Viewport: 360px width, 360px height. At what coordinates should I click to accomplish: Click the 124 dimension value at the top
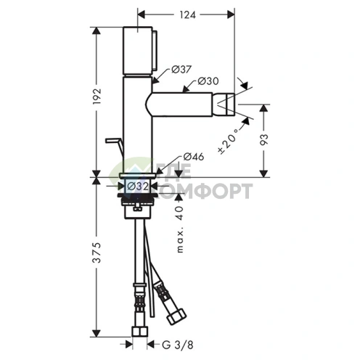pos(187,15)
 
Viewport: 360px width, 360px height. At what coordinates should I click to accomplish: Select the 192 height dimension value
pos(97,97)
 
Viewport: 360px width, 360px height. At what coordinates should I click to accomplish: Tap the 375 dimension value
pos(97,253)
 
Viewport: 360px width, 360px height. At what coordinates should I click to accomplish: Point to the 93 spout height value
pos(263,139)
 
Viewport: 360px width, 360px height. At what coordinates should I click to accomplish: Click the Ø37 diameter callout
pos(181,70)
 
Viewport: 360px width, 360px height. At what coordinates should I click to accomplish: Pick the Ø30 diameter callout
pos(208,81)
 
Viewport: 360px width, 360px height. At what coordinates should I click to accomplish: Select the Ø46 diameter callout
pos(194,157)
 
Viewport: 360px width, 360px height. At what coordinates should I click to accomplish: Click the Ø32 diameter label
pos(138,187)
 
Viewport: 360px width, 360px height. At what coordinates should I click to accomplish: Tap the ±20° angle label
pos(226,143)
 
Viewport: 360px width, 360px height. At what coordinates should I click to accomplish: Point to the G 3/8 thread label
pos(178,345)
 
